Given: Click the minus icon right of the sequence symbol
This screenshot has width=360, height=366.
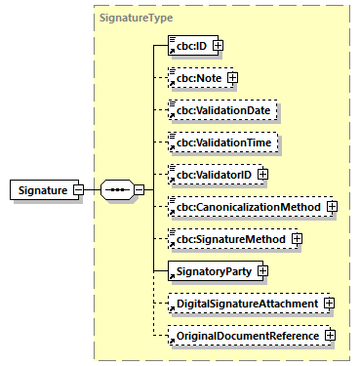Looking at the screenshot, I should click(x=140, y=190).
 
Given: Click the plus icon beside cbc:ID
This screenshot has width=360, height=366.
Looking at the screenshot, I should click(x=220, y=45).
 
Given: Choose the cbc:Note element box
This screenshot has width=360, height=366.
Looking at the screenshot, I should click(x=196, y=77).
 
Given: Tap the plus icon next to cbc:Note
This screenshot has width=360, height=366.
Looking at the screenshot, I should click(x=232, y=77).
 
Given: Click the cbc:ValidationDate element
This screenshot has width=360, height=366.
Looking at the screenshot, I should click(x=222, y=110).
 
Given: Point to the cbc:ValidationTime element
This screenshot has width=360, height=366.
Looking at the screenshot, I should click(x=222, y=142).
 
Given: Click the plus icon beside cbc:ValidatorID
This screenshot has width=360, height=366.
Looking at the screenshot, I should click(x=262, y=175).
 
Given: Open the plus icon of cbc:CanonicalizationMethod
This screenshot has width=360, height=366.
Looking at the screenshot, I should click(x=332, y=207).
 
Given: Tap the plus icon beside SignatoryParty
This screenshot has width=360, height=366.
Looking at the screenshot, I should click(x=262, y=271).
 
